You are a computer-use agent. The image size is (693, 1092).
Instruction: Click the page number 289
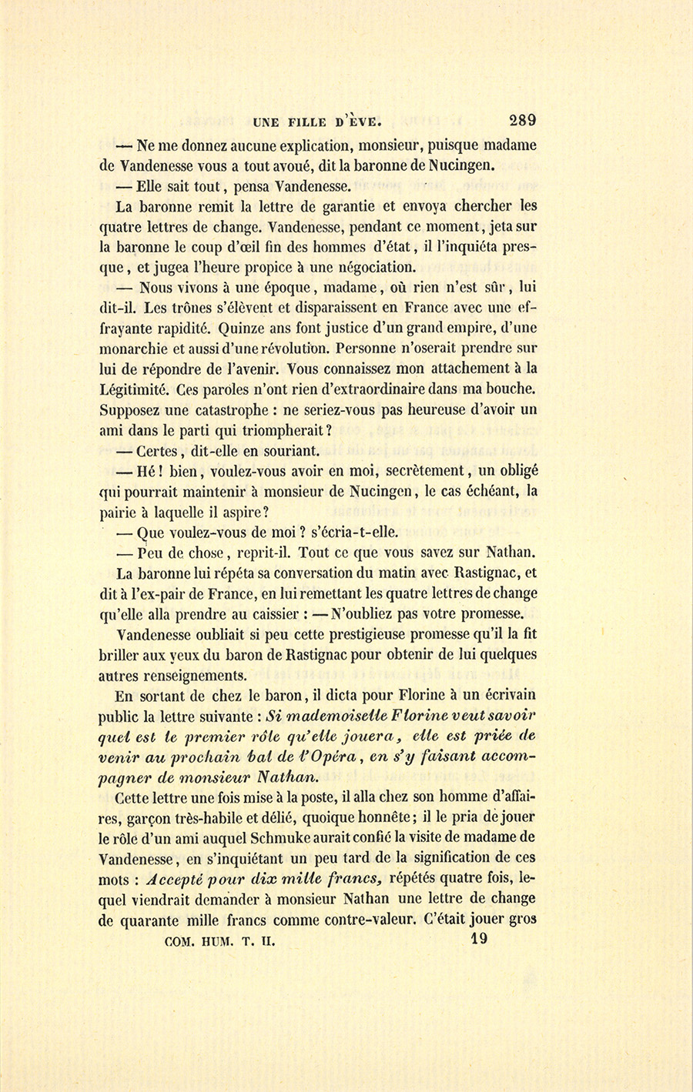521,119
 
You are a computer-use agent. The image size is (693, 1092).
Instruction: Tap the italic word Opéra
332,756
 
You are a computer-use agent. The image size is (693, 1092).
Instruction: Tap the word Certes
166,451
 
